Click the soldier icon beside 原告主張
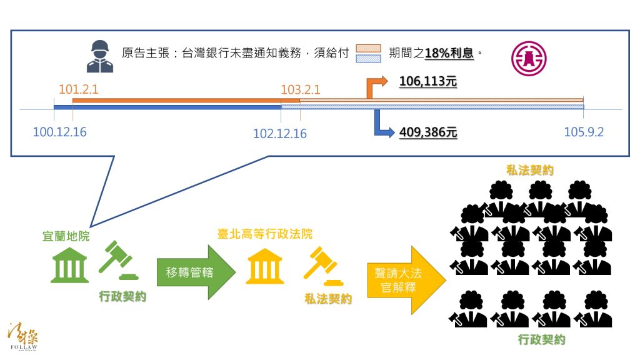(x=100, y=56)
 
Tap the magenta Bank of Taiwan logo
(x=529, y=58)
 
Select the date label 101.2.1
(x=79, y=89)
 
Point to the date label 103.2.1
(x=301, y=89)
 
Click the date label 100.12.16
(x=59, y=132)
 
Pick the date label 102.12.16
(x=280, y=134)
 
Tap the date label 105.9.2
(x=584, y=132)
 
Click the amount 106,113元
(x=427, y=81)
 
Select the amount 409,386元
(x=428, y=132)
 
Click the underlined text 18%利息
(x=449, y=53)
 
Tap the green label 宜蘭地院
(x=66, y=236)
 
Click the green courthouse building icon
(x=69, y=265)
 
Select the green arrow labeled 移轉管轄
(x=196, y=272)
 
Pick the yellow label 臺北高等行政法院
(x=265, y=234)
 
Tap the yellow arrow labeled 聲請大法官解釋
(x=406, y=280)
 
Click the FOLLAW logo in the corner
(x=23, y=336)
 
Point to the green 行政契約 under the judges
(x=542, y=339)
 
